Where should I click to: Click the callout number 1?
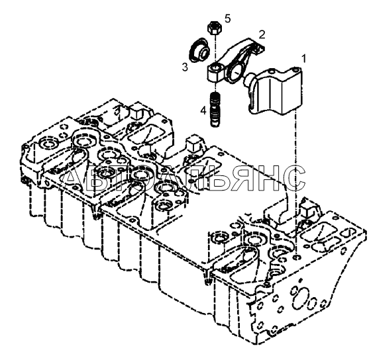point(304,58)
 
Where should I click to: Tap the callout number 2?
point(262,34)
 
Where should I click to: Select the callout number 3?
point(185,67)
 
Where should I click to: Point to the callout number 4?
point(203,110)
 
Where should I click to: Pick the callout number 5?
point(228,19)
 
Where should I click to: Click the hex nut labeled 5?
point(214,28)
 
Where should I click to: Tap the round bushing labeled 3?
point(200,50)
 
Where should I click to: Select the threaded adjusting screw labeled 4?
point(215,110)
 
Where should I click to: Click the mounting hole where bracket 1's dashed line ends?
point(297,257)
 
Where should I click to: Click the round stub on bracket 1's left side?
point(248,79)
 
